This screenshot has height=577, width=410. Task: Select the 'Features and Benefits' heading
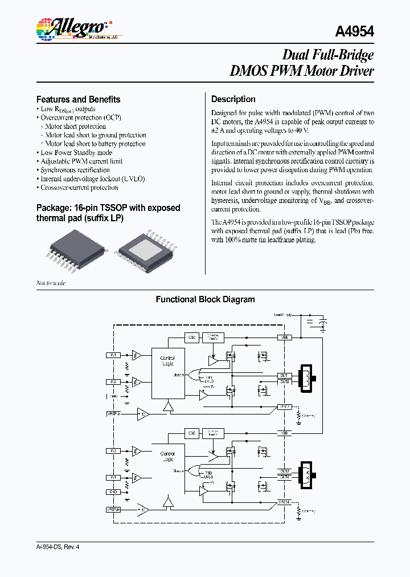click(78, 99)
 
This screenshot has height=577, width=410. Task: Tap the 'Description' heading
click(233, 99)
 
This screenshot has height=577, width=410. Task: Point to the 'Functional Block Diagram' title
click(205, 299)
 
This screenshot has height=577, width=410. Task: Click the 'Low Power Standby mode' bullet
click(76, 152)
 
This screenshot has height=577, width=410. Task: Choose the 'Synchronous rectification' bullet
click(75, 170)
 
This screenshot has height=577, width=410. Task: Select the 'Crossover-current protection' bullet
click(79, 188)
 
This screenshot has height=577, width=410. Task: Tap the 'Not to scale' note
click(51, 283)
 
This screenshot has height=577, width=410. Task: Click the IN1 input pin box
click(113, 355)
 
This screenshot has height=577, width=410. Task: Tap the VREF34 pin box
click(113, 509)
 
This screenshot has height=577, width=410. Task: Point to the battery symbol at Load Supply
click(323, 324)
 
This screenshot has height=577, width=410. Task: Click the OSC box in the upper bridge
click(192, 338)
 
